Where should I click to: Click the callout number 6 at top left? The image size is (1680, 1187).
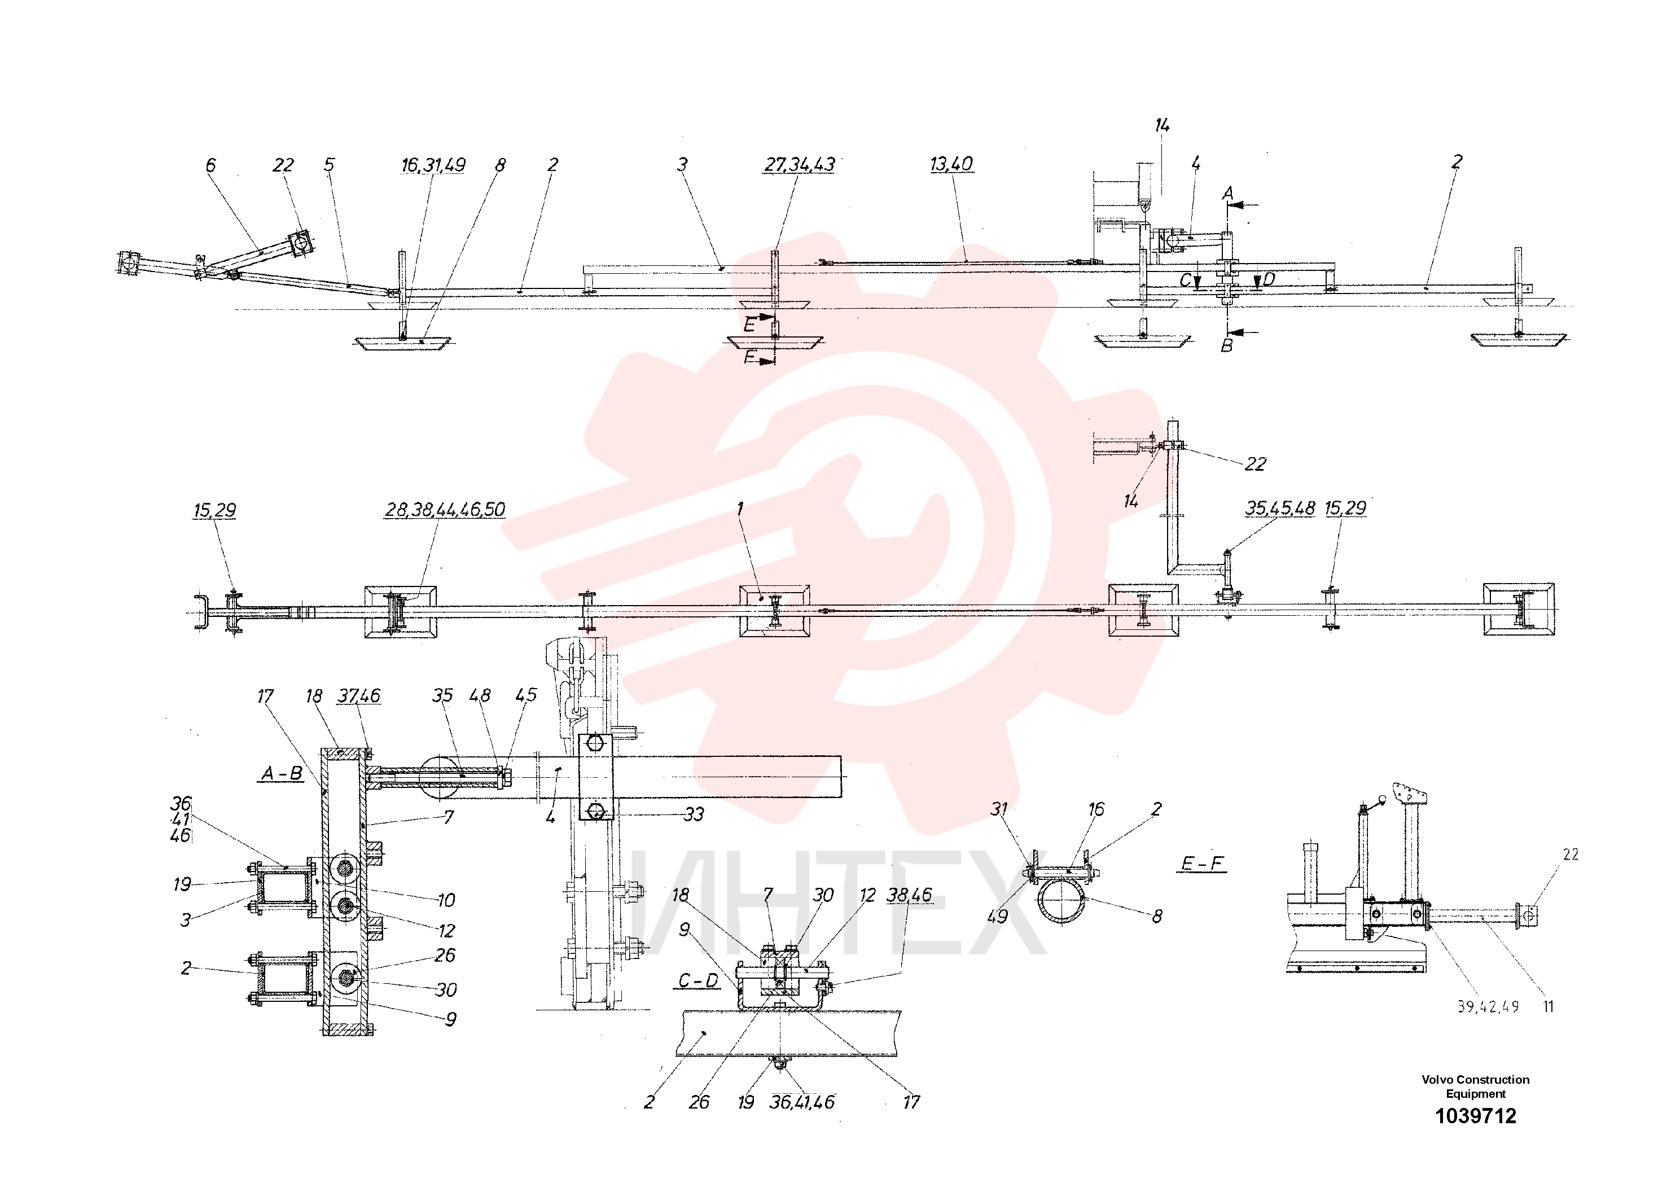pos(210,165)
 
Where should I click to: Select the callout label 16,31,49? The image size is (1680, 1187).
pos(433,165)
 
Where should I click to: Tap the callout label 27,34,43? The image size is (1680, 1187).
pos(799,165)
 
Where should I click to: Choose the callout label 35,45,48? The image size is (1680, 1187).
pos(1280,508)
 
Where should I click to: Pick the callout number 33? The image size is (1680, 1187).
pos(694,814)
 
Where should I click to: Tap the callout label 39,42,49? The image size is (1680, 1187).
pos(1488,1007)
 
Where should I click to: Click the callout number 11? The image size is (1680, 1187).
pos(1549,1007)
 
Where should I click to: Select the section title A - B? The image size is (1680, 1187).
pos(282,773)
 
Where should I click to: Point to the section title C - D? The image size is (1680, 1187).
pos(698,980)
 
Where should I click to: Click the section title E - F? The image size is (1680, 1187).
pos(1203,864)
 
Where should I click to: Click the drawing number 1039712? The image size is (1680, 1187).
pos(1475,1116)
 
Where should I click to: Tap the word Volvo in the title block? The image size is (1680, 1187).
pos(1437,1079)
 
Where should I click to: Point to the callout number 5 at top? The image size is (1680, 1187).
pos(329,165)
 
